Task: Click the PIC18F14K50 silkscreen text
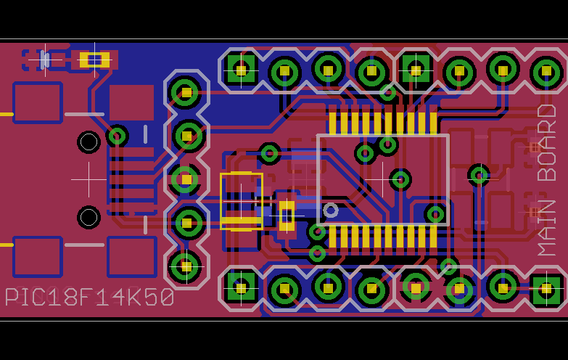[x=89, y=298]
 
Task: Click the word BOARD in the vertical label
[x=547, y=143]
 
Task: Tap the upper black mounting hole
[x=89, y=142]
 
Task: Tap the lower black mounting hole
[x=89, y=217]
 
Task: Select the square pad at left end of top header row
[x=241, y=70]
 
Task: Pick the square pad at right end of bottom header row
[x=546, y=290]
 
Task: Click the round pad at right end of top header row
[x=546, y=71]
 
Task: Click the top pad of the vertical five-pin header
[x=186, y=92]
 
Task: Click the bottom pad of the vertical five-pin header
[x=186, y=266]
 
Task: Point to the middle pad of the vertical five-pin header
[x=186, y=179]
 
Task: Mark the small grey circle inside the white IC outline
[x=331, y=210]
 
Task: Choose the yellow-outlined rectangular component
[x=242, y=201]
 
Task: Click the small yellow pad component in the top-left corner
[x=94, y=60]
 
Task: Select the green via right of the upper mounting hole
[x=117, y=136]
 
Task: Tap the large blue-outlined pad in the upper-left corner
[x=37, y=102]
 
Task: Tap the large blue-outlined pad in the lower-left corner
[x=37, y=256]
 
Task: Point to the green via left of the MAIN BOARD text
[x=479, y=174]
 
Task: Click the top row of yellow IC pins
[x=383, y=123]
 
